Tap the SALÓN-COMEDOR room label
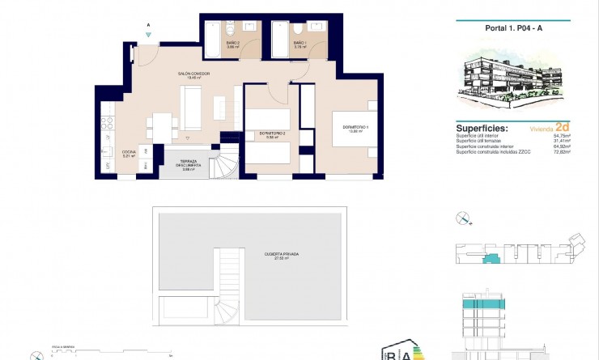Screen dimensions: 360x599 point(194,74)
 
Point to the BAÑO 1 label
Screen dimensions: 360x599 point(299,43)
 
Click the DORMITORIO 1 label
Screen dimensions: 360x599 point(355,127)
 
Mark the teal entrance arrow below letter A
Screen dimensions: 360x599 point(148,35)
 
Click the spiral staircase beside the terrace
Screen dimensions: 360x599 point(229,163)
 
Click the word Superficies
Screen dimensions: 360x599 point(482,128)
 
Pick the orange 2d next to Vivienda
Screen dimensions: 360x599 point(563,127)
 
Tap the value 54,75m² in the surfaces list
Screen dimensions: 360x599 point(561,135)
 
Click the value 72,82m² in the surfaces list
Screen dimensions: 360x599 point(561,152)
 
